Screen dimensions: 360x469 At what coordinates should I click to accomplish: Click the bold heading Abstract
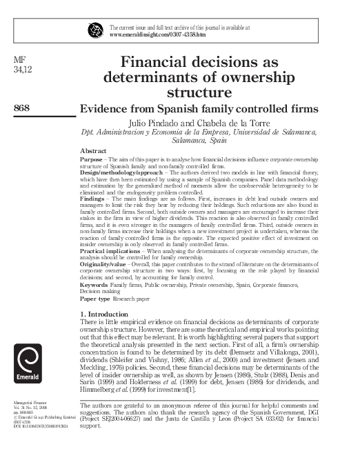tap(93, 150)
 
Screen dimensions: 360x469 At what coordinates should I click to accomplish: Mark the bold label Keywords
tap(94, 285)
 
